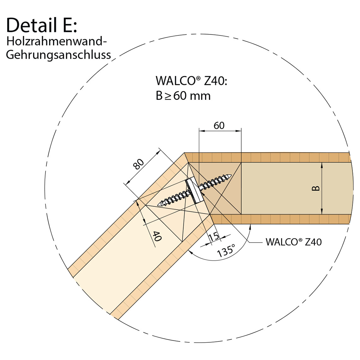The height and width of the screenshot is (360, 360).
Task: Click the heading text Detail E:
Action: (x=41, y=25)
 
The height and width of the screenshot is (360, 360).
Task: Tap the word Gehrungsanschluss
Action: (x=58, y=55)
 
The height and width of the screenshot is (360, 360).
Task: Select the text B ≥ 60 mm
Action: (x=183, y=96)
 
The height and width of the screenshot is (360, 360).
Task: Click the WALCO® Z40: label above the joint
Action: (x=191, y=81)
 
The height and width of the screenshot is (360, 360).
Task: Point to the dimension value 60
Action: (x=219, y=126)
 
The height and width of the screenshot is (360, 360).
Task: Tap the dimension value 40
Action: (x=157, y=236)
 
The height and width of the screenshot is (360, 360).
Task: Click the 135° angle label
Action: (x=226, y=251)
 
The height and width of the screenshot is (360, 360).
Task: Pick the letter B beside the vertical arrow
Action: (x=316, y=189)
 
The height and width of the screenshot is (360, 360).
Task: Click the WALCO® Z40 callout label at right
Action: (x=293, y=242)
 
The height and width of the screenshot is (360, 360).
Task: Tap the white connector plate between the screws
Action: (x=193, y=190)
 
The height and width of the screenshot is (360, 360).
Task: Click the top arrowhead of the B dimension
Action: (x=322, y=165)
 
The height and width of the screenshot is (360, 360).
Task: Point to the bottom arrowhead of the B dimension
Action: (x=322, y=212)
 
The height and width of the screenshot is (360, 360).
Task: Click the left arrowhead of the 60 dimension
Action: (x=201, y=130)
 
